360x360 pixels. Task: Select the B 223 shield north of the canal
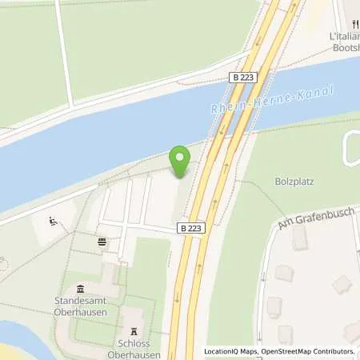tap(245, 78)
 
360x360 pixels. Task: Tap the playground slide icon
tap(54, 222)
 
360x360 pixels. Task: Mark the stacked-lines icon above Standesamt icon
tap(102, 241)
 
